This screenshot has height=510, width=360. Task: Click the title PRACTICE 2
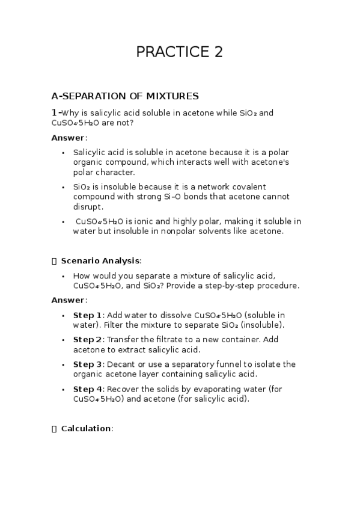click(x=179, y=52)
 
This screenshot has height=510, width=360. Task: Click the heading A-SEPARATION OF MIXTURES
click(x=125, y=96)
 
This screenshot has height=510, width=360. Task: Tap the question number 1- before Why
click(x=56, y=112)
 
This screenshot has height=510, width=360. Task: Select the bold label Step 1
click(x=88, y=315)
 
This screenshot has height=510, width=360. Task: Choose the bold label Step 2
click(x=88, y=340)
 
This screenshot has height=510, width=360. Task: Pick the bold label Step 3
click(x=88, y=364)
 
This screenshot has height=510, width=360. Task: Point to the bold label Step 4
click(x=88, y=389)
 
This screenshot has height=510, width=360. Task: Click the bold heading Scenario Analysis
click(x=100, y=260)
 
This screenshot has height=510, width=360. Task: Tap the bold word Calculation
click(x=86, y=428)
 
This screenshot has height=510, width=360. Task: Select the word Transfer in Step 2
click(x=124, y=340)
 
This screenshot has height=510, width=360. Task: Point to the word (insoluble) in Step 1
click(x=262, y=325)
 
